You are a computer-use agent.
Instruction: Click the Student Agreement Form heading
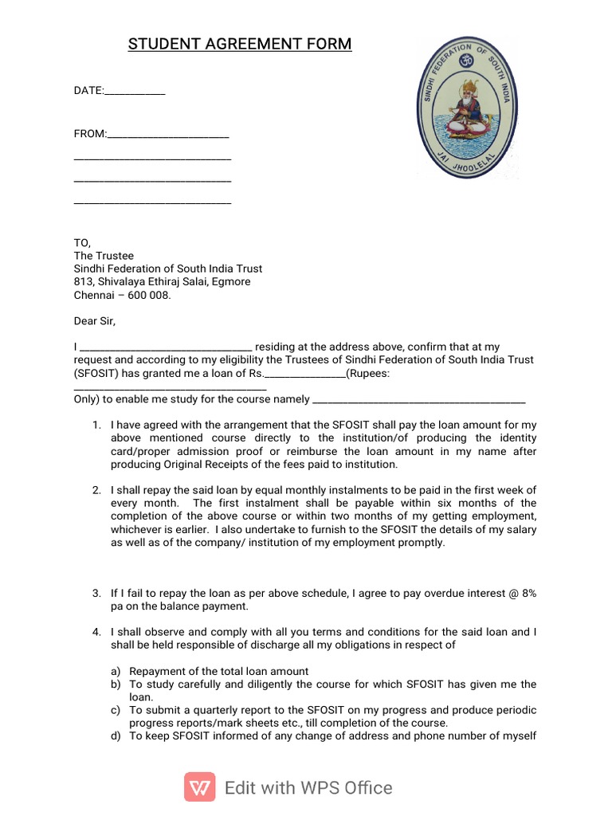pyautogui.click(x=240, y=44)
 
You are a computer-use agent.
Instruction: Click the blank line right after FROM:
pyautogui.click(x=168, y=135)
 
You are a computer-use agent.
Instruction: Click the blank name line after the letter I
pyautogui.click(x=167, y=348)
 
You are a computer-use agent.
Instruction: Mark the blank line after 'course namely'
pyautogui.click(x=420, y=400)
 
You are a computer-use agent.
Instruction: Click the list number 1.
pyautogui.click(x=96, y=425)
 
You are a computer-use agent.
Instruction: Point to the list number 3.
pyautogui.click(x=96, y=593)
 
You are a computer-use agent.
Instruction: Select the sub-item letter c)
pyautogui.click(x=116, y=710)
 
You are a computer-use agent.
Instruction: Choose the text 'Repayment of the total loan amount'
pyautogui.click(x=219, y=671)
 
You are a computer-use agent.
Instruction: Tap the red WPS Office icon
pyautogui.click(x=199, y=787)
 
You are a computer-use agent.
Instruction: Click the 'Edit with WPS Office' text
pyautogui.click(x=308, y=788)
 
